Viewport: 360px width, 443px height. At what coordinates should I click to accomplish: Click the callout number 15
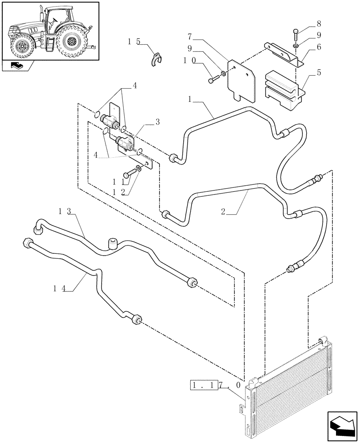tap(133, 41)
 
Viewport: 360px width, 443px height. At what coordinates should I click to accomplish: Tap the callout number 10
tap(191, 58)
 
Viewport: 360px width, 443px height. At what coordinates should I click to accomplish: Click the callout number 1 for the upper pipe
tap(190, 100)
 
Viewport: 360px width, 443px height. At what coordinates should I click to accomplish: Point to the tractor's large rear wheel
tap(71, 42)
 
